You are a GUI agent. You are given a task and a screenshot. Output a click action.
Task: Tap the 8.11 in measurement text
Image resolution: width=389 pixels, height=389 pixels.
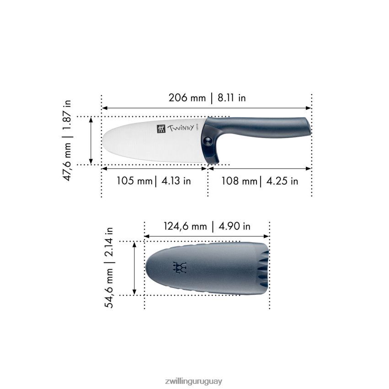[231, 98]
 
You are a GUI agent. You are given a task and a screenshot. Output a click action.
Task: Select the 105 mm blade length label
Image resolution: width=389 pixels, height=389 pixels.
[134, 181]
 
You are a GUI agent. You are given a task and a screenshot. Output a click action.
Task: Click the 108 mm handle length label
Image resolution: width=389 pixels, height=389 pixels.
[239, 181]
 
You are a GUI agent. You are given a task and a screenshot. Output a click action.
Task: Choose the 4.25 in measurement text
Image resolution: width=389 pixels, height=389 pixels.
[282, 181]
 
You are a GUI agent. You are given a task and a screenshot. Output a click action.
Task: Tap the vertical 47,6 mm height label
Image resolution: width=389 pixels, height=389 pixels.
[68, 161]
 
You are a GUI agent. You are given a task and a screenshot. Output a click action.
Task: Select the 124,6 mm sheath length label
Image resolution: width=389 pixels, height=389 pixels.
[185, 226]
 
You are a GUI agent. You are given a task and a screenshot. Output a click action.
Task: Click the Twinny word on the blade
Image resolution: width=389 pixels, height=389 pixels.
[181, 129]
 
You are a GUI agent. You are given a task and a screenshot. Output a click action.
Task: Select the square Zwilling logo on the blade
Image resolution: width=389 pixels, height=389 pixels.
[160, 129]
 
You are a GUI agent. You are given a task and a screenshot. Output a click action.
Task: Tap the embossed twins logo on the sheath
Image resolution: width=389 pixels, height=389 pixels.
[180, 267]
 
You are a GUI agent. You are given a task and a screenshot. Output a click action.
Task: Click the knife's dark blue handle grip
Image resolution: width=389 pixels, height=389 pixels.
[265, 127]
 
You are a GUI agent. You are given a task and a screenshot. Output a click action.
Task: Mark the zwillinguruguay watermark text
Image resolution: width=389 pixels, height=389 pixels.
[194, 381]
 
